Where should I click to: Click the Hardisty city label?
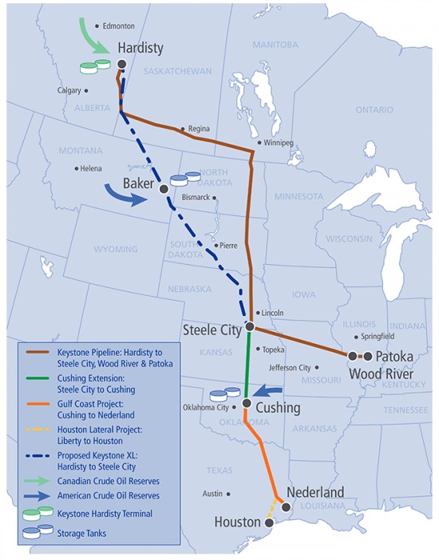point(140,48)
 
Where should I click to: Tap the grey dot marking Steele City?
point(250,327)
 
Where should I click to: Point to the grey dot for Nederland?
point(286,507)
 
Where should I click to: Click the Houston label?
point(237,523)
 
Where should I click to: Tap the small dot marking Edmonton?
point(97,26)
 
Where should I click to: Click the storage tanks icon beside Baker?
point(185,177)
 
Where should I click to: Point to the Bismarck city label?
point(196,197)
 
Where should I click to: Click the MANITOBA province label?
point(275,45)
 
